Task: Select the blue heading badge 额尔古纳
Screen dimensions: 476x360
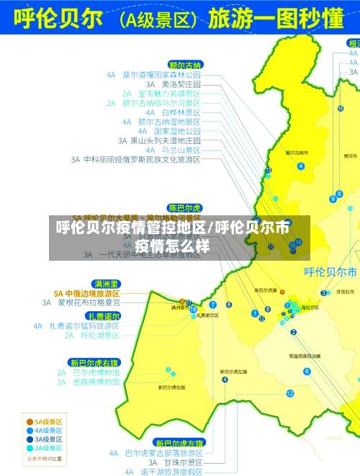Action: pyautogui.click(x=185, y=64)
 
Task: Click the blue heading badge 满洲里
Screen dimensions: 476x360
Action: pyautogui.click(x=106, y=284)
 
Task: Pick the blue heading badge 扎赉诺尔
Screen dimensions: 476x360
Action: pyautogui.click(x=104, y=316)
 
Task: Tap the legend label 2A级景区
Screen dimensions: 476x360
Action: pyautogui.click(x=44, y=447)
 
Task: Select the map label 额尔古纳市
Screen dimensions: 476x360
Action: pyautogui.click(x=296, y=153)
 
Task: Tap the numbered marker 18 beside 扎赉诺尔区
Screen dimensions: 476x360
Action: pyautogui.click(x=193, y=309)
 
